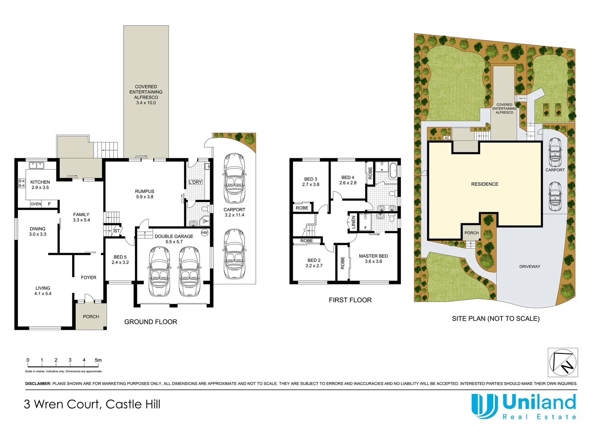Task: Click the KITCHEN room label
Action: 40,182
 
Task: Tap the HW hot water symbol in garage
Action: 204,233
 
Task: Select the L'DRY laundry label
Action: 195,182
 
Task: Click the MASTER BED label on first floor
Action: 373,256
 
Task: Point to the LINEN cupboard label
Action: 354,222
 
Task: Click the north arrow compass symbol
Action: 563,362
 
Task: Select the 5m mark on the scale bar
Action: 98,360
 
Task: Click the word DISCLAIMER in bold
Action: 38,383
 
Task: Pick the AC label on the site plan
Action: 447,138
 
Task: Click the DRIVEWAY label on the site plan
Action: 530,267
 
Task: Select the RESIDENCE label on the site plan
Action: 485,184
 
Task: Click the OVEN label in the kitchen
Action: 36,204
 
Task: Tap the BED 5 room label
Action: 120,257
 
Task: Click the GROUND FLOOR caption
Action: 151,322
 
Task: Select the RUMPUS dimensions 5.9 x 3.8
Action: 144,197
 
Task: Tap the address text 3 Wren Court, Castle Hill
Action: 92,404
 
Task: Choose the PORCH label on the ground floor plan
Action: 91,317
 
